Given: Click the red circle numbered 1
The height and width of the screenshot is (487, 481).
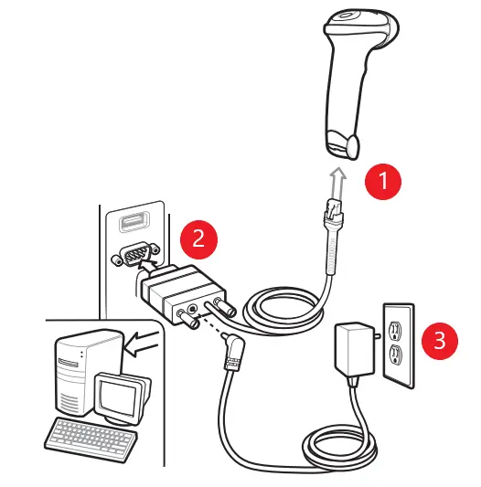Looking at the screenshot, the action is coord(383,182).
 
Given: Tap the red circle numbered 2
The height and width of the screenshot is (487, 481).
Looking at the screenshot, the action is coord(198,239).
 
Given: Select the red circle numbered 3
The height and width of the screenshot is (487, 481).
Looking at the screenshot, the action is coord(440,341).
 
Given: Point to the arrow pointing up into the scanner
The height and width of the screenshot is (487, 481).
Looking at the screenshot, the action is coord(338,185).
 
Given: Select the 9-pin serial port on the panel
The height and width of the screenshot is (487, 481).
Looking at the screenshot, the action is coord(136,254).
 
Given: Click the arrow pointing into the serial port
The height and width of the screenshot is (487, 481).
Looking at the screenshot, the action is coord(148,267).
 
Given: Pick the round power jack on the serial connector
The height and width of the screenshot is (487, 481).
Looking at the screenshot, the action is coord(193,309).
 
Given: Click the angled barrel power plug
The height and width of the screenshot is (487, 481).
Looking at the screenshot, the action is coord(233,350).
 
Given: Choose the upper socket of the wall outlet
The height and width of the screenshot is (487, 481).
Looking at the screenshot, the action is coord(395,330).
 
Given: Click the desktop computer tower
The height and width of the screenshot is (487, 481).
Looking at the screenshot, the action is coord(84,371).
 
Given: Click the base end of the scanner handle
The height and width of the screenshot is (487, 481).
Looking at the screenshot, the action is coord(342,144).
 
